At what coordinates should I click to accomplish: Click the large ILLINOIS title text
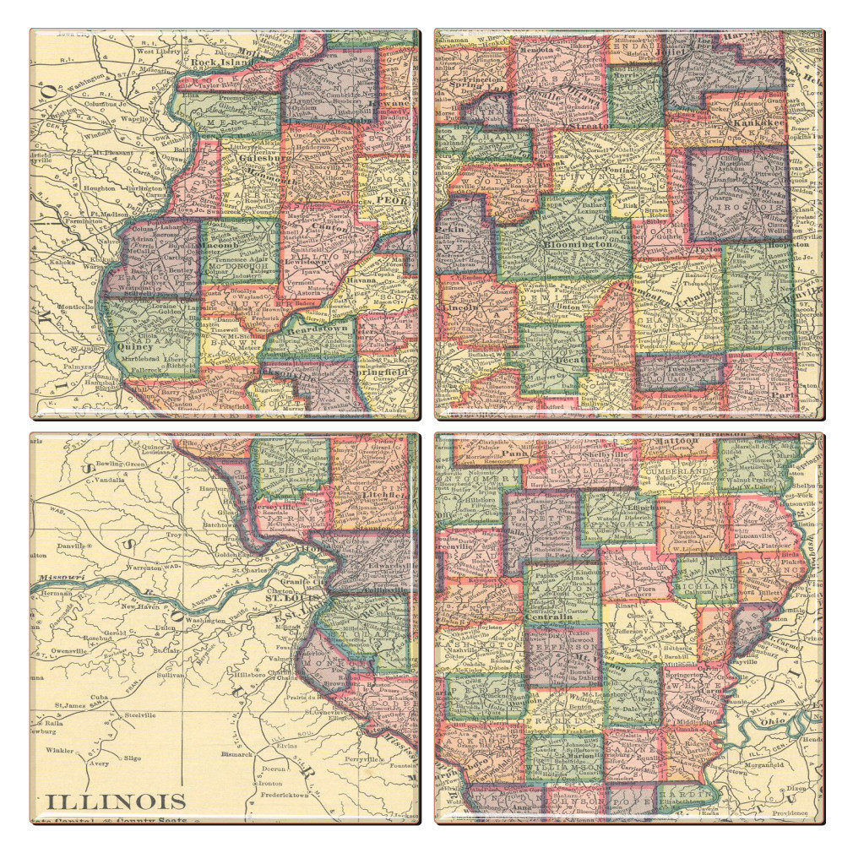tap(116, 801)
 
